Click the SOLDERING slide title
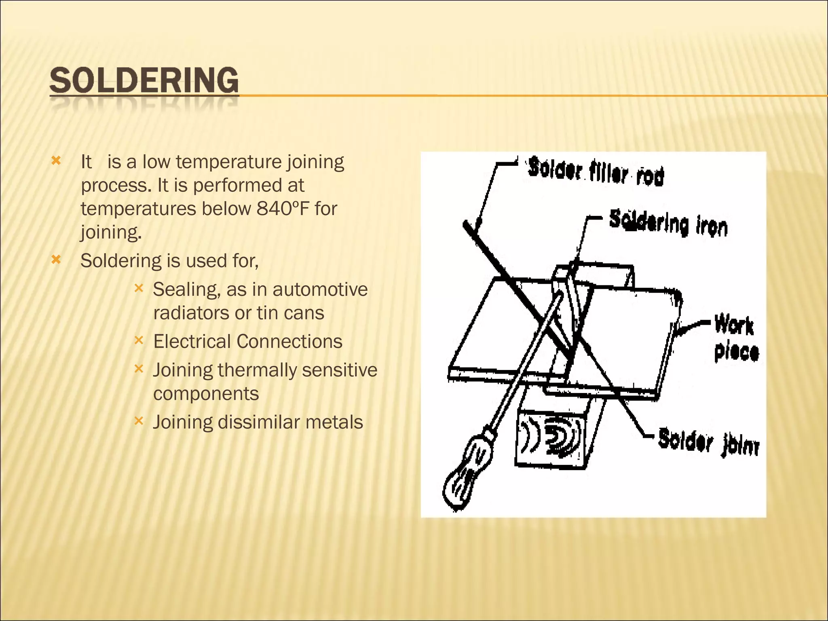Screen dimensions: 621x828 coord(144,81)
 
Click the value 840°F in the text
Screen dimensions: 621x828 coord(282,209)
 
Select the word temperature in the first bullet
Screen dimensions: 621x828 coord(228,162)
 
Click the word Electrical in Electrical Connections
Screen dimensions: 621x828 coord(192,341)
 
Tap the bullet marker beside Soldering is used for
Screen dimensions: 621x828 coord(56,259)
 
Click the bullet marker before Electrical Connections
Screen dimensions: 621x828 coord(139,340)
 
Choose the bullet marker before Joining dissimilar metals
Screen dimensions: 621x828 coord(139,421)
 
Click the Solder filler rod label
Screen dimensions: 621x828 coord(596,172)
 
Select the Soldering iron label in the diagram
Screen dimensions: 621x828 coord(668,223)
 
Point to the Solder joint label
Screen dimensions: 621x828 coord(708,441)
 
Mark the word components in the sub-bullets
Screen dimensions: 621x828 coord(206,394)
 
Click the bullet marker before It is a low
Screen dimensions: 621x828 coord(56,161)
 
